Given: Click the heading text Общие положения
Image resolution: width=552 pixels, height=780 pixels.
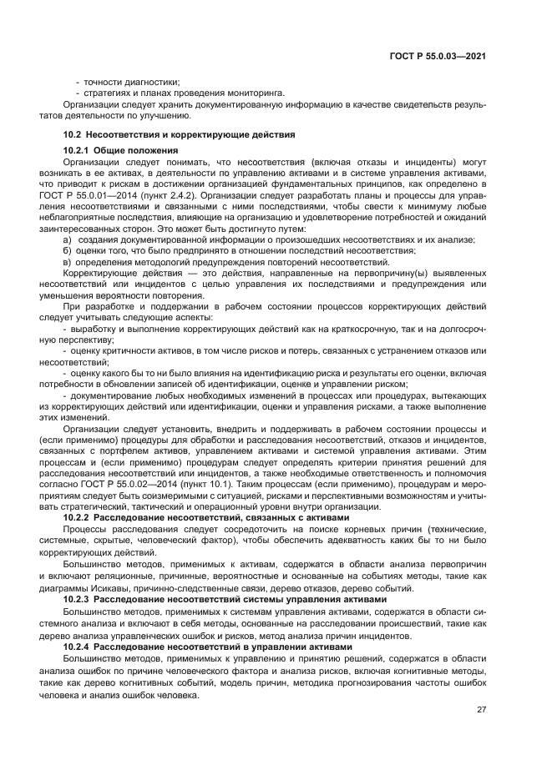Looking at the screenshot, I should (x=127, y=150).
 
